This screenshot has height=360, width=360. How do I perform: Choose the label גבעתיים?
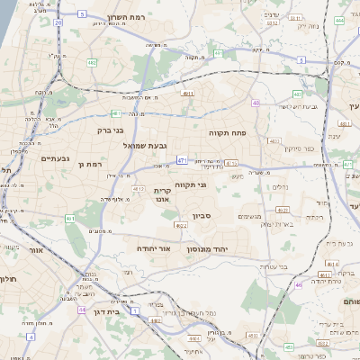tap(55, 157)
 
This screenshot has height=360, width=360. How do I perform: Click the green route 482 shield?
tap(92, 63)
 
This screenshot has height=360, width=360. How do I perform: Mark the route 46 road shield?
tap(299, 285)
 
